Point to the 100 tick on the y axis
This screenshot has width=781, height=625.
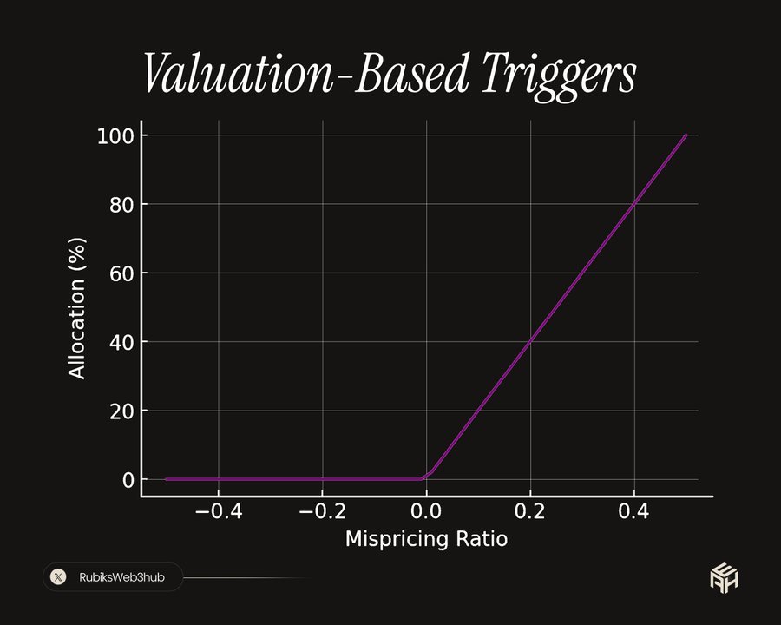(115, 136)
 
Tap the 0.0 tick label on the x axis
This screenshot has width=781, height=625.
(426, 512)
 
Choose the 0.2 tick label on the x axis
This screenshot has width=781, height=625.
(530, 512)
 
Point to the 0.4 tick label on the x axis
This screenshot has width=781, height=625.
(634, 512)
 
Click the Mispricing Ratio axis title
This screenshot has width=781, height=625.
(426, 539)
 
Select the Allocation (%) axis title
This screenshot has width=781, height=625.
(78, 307)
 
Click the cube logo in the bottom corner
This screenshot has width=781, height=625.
(724, 576)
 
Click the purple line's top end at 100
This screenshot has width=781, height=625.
(686, 135)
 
